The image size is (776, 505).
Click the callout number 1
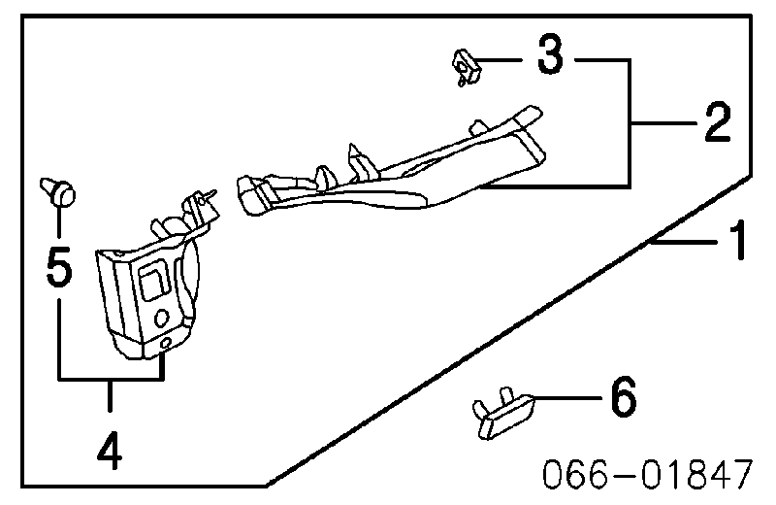[738, 240]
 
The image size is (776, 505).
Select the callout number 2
[718, 122]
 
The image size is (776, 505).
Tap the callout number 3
[550, 54]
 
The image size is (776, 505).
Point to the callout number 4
[110, 451]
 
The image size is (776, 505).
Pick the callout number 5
[59, 267]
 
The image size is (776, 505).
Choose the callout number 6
[623, 396]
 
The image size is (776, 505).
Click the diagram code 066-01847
[648, 474]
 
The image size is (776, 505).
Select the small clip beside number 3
[467, 67]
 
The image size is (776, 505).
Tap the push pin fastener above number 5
[58, 191]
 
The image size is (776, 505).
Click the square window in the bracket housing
[154, 281]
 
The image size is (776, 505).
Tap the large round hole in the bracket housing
[162, 318]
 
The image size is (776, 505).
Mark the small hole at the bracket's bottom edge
[167, 343]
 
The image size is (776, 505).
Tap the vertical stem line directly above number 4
[110, 395]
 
